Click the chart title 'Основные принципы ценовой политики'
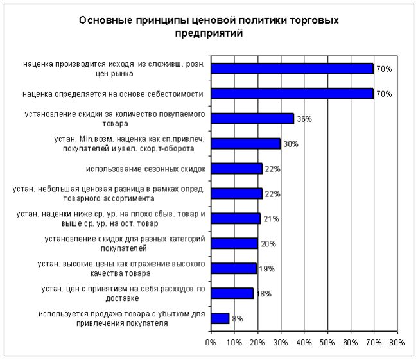[209, 21]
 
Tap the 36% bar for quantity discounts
[252, 118]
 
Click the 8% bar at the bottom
[220, 318]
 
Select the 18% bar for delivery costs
[232, 293]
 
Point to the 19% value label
[265, 269]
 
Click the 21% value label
[270, 219]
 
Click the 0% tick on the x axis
[211, 343]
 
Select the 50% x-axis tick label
[327, 343]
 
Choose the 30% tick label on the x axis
[281, 343]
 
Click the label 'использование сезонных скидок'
[144, 169]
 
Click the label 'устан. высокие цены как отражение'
[121, 268]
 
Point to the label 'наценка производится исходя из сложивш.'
[113, 69]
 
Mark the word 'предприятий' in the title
[209, 33]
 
